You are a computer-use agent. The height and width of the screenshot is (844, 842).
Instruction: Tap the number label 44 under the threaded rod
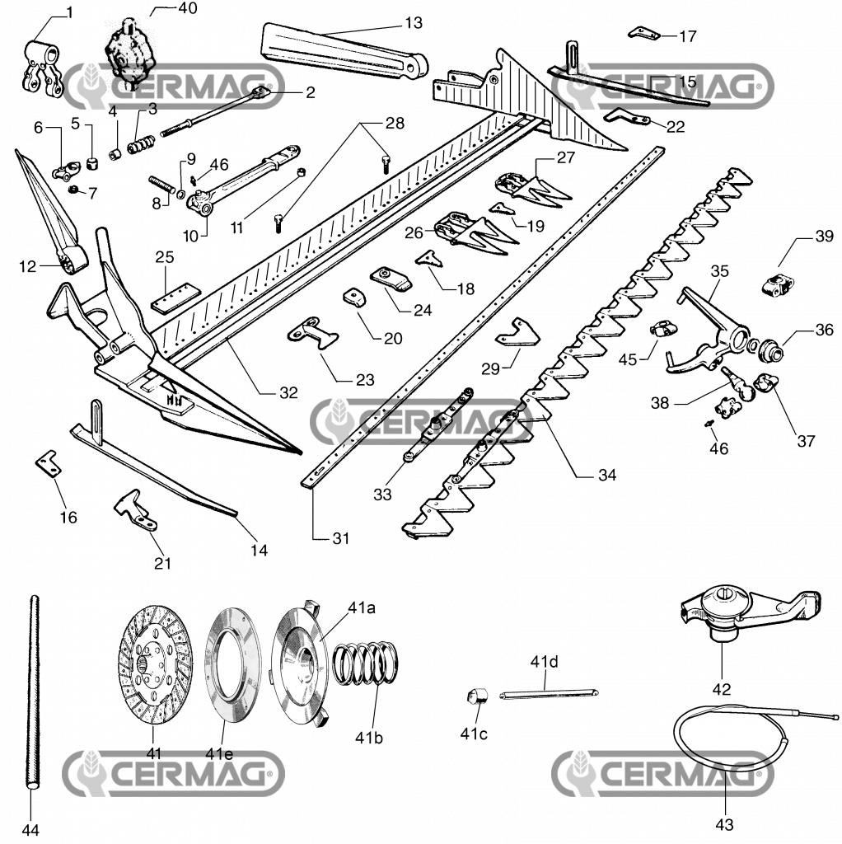(30, 828)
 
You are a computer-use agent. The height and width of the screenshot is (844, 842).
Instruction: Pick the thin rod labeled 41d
(549, 693)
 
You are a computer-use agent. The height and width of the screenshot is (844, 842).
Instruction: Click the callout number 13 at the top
(413, 22)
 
